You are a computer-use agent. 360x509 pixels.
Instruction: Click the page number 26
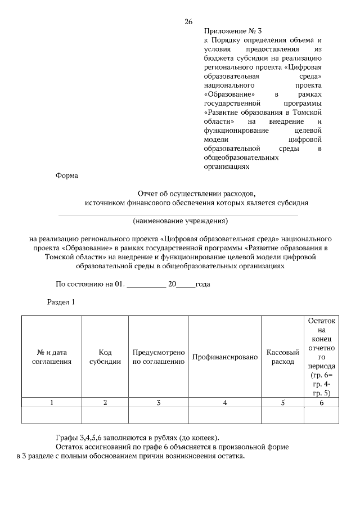188,22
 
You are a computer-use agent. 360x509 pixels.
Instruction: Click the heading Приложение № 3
230,31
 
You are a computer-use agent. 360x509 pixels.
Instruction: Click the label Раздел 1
60,302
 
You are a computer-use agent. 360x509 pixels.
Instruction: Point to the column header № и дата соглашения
52,357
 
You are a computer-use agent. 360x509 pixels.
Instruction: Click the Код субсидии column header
105,357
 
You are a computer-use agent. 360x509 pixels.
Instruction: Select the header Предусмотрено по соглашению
159,357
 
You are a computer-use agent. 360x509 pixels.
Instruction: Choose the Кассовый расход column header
282,357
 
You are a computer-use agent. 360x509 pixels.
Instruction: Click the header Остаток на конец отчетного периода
321,357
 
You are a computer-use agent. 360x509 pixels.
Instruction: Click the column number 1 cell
52,402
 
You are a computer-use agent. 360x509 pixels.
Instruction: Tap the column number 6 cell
321,402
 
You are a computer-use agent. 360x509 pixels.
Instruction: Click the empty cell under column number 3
159,415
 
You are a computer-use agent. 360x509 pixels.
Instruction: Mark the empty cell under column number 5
282,415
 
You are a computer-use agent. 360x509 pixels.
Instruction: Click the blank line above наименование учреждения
178,214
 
